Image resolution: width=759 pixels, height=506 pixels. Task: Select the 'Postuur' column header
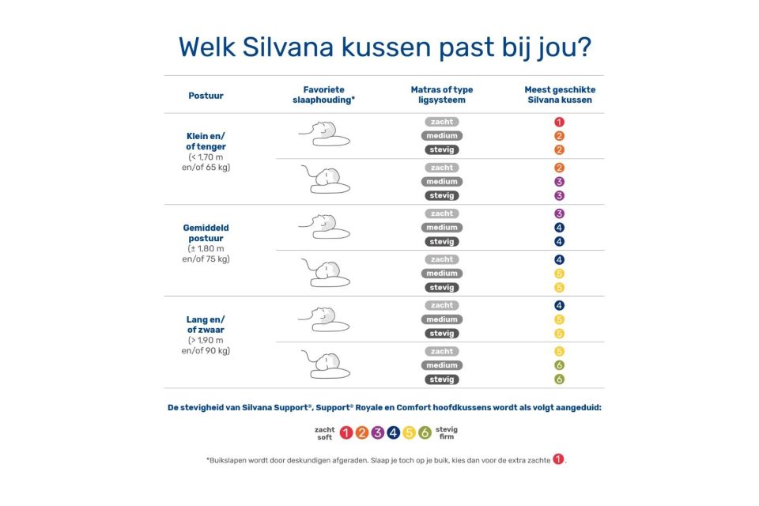tap(206, 96)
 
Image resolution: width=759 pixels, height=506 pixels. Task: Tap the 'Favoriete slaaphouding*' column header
tap(323, 95)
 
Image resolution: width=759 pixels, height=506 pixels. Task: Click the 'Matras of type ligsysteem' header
tap(441, 95)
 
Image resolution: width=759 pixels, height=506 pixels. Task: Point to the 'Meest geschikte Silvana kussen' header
tap(559, 95)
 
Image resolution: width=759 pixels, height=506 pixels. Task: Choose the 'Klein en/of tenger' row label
tap(206, 141)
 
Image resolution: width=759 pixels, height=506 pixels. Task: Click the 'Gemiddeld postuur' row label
tap(206, 232)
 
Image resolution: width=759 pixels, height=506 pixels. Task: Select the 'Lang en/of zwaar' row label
tap(206, 324)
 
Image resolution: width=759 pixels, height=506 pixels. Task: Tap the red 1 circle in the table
tap(559, 122)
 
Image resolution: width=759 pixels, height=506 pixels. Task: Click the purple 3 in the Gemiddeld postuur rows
tap(559, 213)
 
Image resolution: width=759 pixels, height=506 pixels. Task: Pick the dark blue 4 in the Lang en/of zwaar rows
tap(559, 305)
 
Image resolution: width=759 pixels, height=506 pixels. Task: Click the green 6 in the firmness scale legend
tap(425, 432)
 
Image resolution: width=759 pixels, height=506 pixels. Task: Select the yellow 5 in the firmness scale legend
tap(409, 432)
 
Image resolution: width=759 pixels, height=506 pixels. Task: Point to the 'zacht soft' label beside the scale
tap(324, 432)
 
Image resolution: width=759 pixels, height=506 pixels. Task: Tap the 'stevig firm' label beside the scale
tap(447, 432)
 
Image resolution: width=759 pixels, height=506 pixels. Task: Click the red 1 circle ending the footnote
tap(558, 459)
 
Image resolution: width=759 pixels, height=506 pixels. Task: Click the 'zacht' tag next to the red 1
tap(441, 122)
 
